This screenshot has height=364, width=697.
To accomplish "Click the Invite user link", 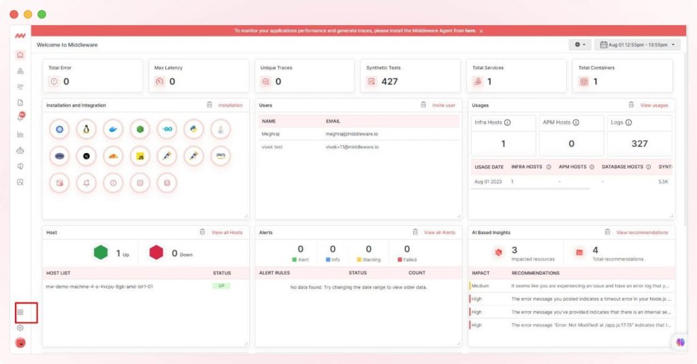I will coord(443,105).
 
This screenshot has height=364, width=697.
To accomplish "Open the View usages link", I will coord(653,105).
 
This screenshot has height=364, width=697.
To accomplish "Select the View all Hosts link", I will coord(227,233).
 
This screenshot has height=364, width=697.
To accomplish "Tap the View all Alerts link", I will coord(439,233).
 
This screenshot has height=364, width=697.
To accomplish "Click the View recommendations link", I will coord(642,233).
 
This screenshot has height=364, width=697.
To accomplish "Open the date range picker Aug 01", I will coord(636,45).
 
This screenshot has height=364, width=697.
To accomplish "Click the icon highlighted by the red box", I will coord(20,312).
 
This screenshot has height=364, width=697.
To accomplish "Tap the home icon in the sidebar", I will coord(20,55).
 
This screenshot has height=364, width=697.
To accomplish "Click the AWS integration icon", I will coord(221,155).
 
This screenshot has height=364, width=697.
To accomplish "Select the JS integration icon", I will coord(140,156).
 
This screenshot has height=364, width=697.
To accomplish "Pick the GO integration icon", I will coord(167,129).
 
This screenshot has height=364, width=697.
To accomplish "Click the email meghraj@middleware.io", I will coord(351,134).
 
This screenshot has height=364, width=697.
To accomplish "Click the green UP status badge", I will coord(222,286).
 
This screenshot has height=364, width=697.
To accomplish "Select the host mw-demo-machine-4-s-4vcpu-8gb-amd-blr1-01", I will coord(99,286).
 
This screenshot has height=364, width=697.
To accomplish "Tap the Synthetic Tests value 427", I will coord(389,82).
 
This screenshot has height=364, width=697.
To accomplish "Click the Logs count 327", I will coord(639,144).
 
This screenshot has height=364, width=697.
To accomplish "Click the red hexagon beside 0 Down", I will coord(157,253).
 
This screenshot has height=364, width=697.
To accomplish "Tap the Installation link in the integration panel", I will coord(230,105).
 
